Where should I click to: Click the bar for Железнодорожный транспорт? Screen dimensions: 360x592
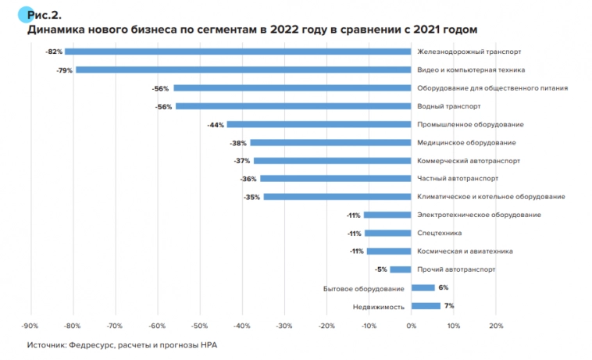pyautogui.click(x=238, y=52)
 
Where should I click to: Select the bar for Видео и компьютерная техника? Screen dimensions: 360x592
pyautogui.click(x=244, y=70)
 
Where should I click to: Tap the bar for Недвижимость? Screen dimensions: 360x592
pyautogui.click(x=426, y=306)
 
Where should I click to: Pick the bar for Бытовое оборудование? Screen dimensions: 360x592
pyautogui.click(x=423, y=288)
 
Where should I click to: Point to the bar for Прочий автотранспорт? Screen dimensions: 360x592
pyautogui.click(x=401, y=269)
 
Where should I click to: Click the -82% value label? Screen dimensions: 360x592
pyautogui.click(x=54, y=52)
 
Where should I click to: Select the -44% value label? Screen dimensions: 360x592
pyautogui.click(x=216, y=124)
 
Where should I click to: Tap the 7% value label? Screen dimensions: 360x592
pyautogui.click(x=449, y=305)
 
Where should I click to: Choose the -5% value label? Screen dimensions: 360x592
pyautogui.click(x=381, y=269)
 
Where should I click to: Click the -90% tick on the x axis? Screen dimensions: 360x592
pyautogui.click(x=30, y=326)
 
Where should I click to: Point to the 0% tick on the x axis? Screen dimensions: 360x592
pyautogui.click(x=412, y=326)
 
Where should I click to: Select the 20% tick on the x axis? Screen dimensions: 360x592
pyautogui.click(x=495, y=326)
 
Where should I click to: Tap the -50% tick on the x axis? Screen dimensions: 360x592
pyautogui.click(x=199, y=326)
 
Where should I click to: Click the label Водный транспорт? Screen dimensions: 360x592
pyautogui.click(x=449, y=106)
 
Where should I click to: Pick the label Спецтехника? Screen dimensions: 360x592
pyautogui.click(x=440, y=233)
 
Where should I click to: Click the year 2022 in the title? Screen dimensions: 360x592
pyautogui.click(x=285, y=29)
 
